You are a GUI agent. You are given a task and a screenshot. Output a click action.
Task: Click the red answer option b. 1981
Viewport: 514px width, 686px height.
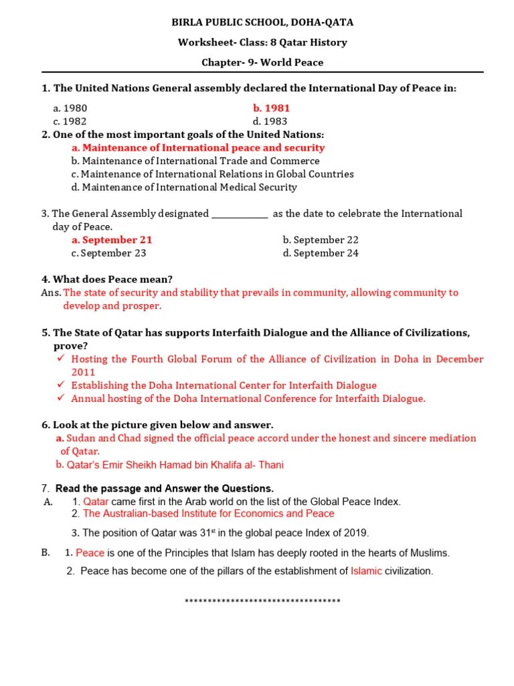271,108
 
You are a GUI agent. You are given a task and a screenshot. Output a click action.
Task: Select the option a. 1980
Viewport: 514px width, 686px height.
70,108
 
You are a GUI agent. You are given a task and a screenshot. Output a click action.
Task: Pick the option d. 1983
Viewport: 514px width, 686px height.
270,121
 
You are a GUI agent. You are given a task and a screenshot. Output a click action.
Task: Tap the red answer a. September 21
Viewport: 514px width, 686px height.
112,240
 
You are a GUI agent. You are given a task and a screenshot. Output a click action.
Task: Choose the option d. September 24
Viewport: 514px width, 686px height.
321,253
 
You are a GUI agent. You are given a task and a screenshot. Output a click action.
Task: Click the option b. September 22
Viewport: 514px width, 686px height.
321,240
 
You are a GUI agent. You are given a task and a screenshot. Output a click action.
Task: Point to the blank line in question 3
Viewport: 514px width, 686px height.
240,215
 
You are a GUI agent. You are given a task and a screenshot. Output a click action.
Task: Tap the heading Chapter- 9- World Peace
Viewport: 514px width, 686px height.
262,62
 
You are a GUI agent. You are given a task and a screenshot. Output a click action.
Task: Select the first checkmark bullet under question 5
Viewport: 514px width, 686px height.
60,359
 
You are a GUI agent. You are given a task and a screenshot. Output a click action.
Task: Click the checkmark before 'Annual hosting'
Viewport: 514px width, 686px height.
60,399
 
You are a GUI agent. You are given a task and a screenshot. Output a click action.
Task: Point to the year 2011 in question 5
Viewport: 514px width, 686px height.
84,372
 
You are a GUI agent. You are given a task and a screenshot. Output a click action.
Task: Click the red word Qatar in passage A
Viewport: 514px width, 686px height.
96,502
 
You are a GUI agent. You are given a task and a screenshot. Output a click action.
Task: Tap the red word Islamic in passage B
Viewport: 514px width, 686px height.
366,571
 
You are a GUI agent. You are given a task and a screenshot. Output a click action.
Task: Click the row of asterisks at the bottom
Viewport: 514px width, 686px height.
262,602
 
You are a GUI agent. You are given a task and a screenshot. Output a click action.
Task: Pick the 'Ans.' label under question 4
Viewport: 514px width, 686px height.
51,293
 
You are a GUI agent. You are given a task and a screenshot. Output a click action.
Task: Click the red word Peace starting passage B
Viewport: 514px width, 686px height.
90,553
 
